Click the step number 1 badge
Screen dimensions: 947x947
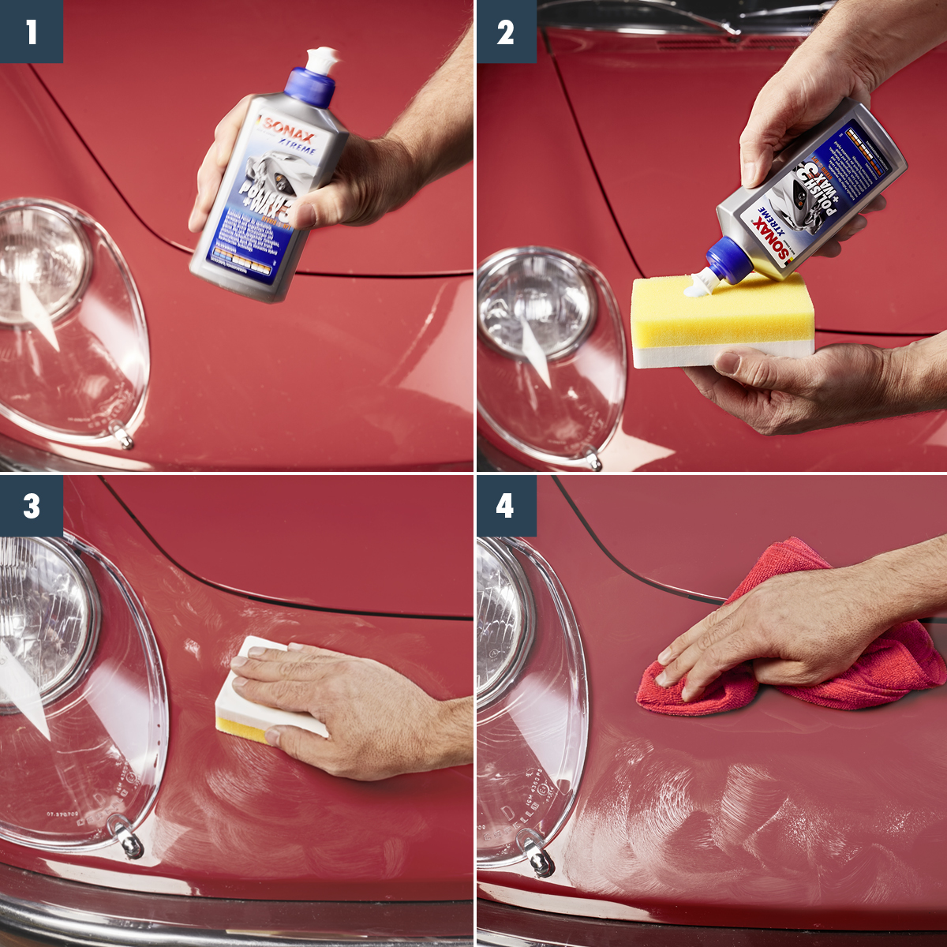pyautogui.click(x=31, y=32)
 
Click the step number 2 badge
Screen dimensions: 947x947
pyautogui.click(x=505, y=32)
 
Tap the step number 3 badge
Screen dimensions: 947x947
pyautogui.click(x=31, y=506)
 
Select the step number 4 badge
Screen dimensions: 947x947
pyautogui.click(x=505, y=506)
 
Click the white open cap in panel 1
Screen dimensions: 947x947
pyautogui.click(x=322, y=59)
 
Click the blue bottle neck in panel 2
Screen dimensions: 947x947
pyautogui.click(x=724, y=258)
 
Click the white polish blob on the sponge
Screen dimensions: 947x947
pyautogui.click(x=698, y=285)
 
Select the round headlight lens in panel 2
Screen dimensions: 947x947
pyautogui.click(x=537, y=304)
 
